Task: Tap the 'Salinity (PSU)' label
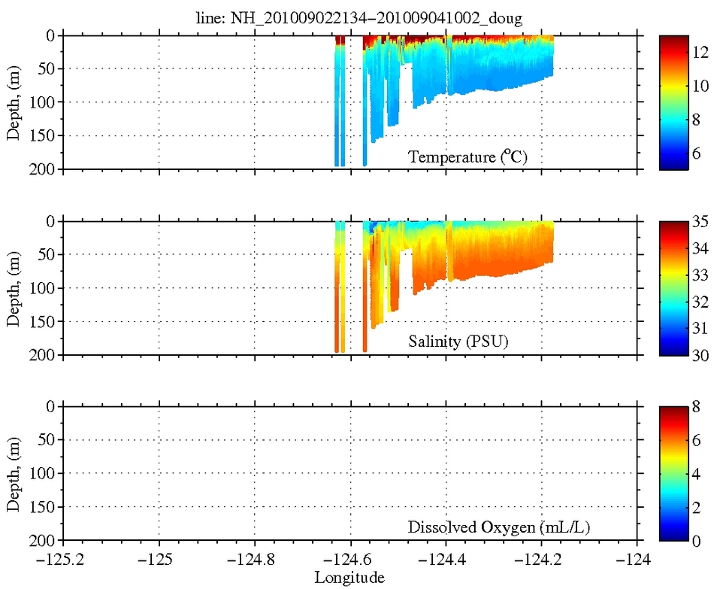pyautogui.click(x=458, y=342)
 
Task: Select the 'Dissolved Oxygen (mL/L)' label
pyautogui.click(x=499, y=527)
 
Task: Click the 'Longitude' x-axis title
pyautogui.click(x=349, y=578)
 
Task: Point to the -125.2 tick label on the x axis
pyautogui.click(x=63, y=560)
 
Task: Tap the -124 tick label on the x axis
pyautogui.click(x=638, y=560)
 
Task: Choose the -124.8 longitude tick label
pyautogui.click(x=255, y=560)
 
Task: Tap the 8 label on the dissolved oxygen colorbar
pyautogui.click(x=697, y=407)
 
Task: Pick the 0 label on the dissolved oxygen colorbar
pyautogui.click(x=697, y=541)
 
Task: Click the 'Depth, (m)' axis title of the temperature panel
pyautogui.click(x=14, y=102)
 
